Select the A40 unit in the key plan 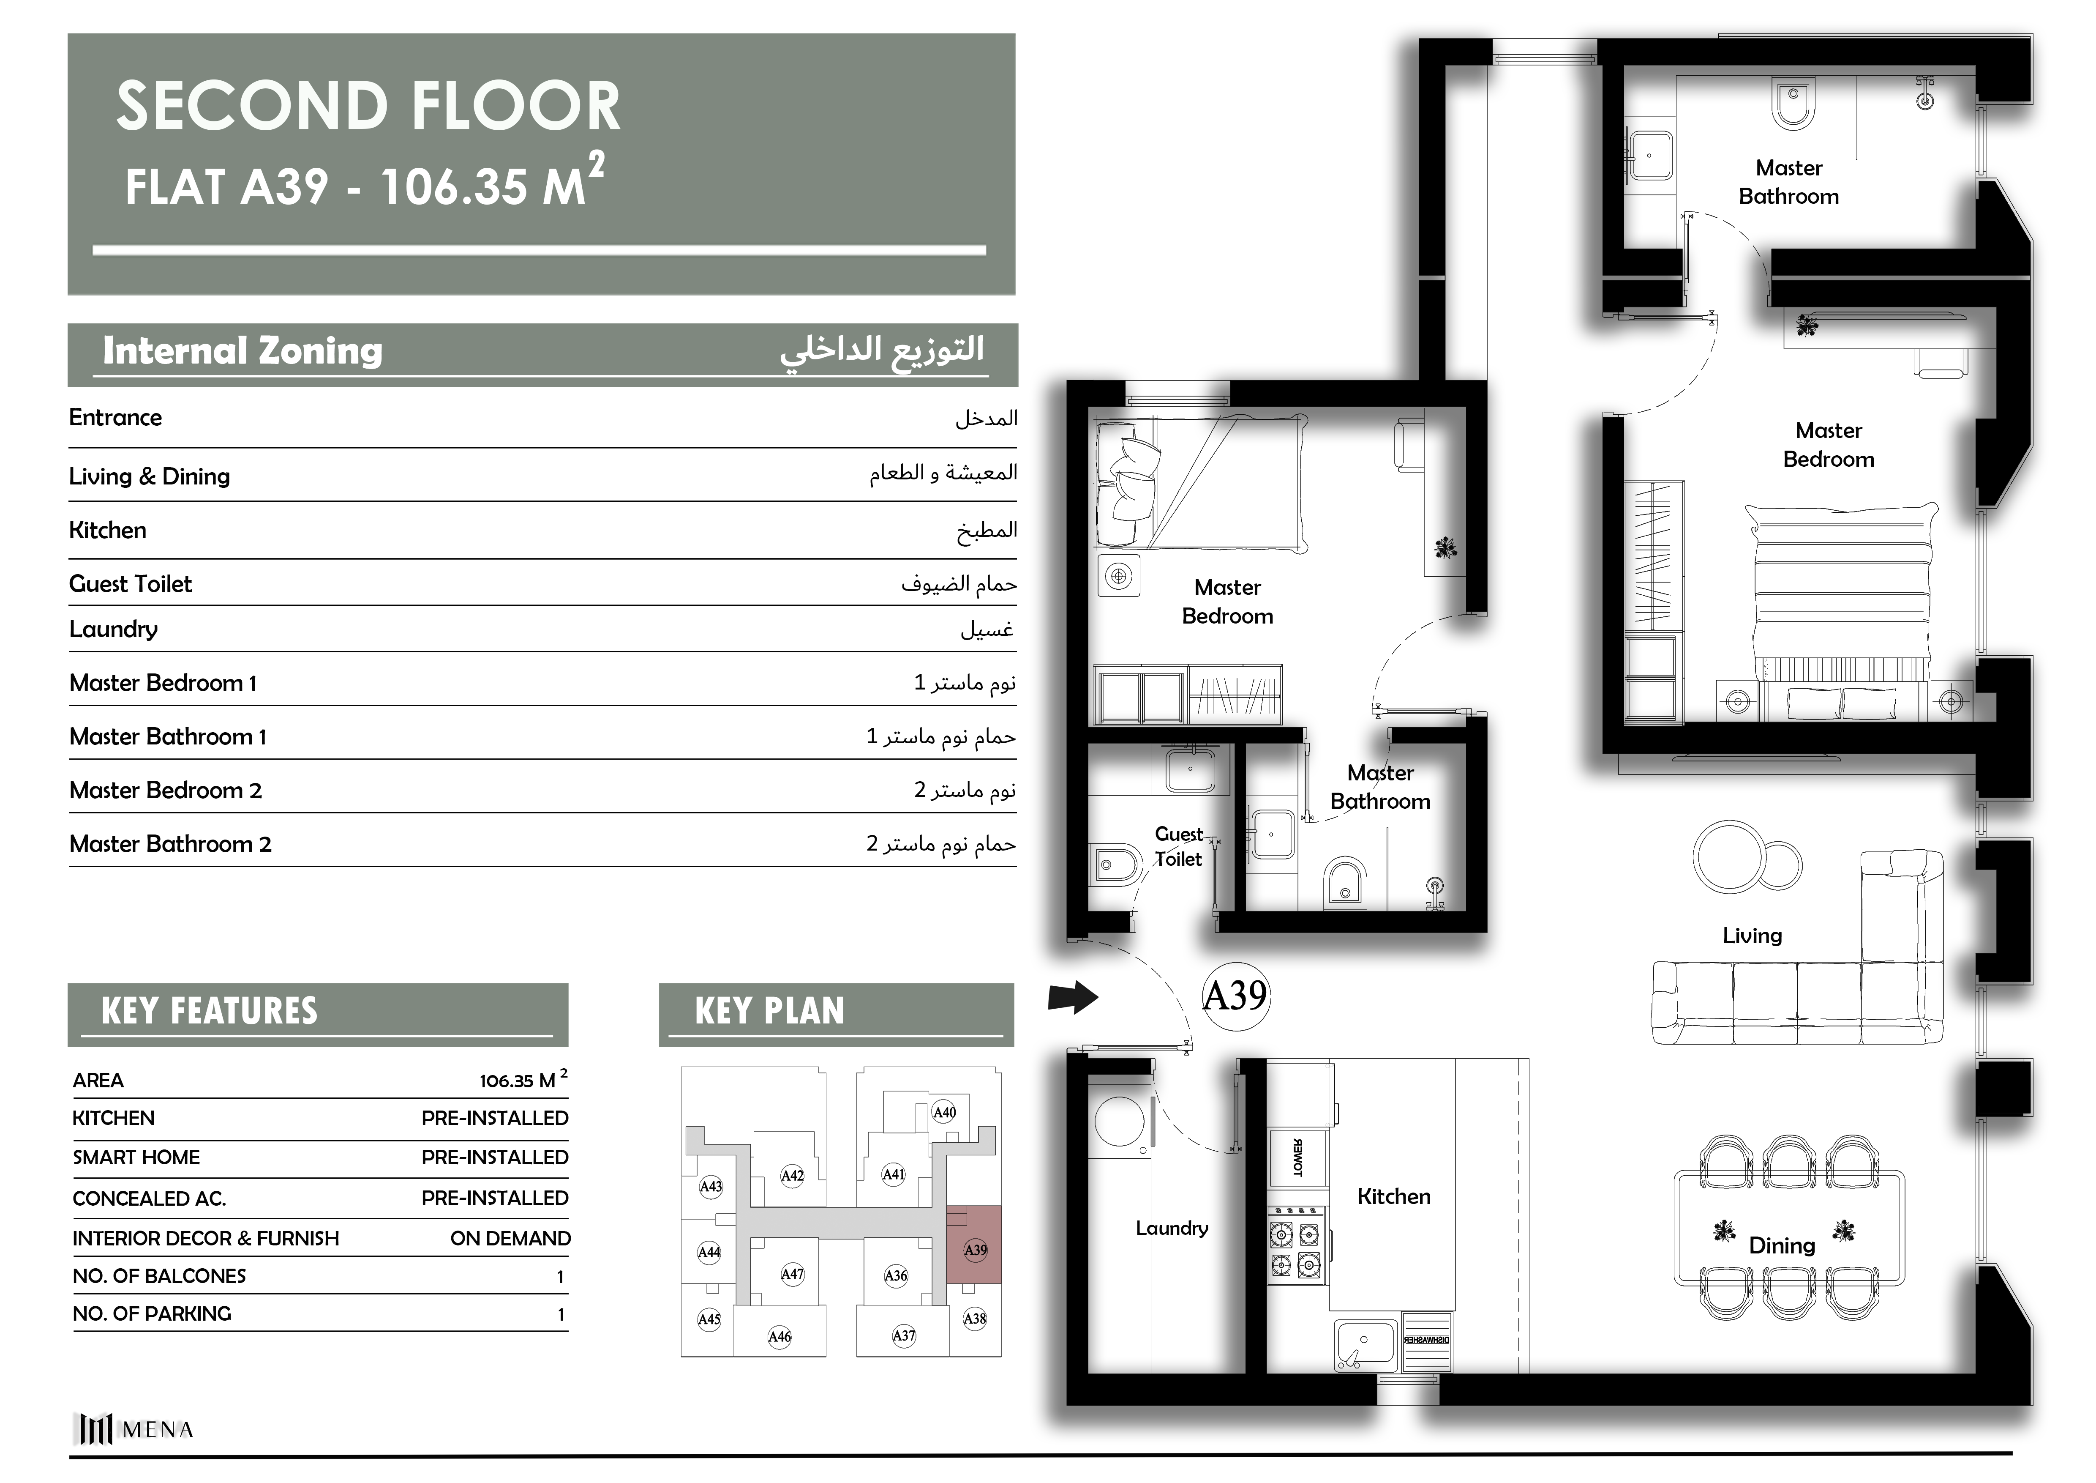[944, 1112]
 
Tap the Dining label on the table [1781, 1245]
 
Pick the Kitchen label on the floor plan [1393, 1196]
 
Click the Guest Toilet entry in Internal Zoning [131, 583]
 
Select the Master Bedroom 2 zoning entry [165, 790]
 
